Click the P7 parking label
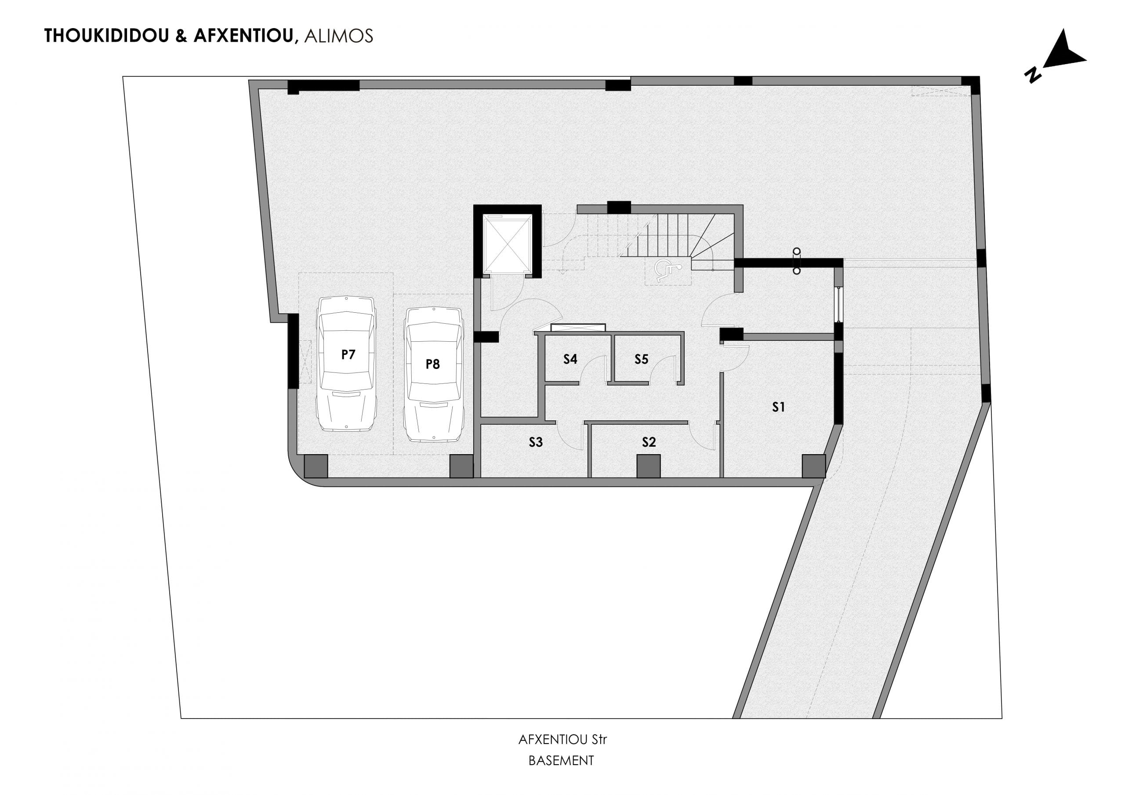point(348,354)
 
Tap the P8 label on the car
point(433,364)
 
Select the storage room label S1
point(779,407)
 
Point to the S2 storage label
point(649,442)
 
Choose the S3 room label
point(536,442)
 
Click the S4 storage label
point(570,359)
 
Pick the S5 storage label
point(642,359)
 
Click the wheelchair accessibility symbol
point(668,271)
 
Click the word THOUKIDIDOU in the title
point(106,36)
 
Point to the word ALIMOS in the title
point(338,36)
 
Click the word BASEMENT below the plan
point(561,761)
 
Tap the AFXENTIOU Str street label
point(562,740)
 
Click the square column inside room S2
point(648,466)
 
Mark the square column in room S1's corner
point(813,466)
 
